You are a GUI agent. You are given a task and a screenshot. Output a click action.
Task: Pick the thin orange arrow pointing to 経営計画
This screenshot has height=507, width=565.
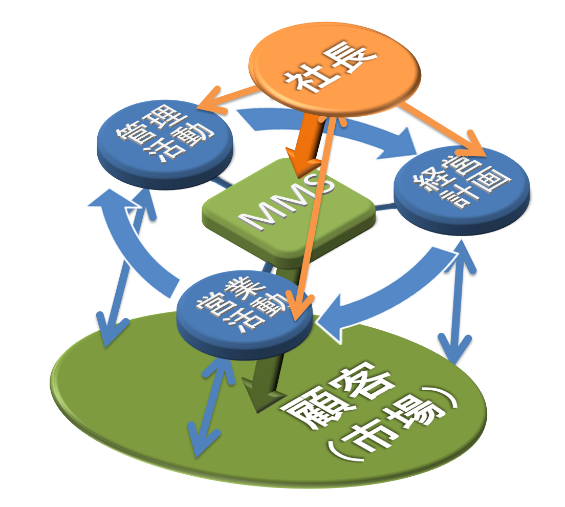tap(440, 128)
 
